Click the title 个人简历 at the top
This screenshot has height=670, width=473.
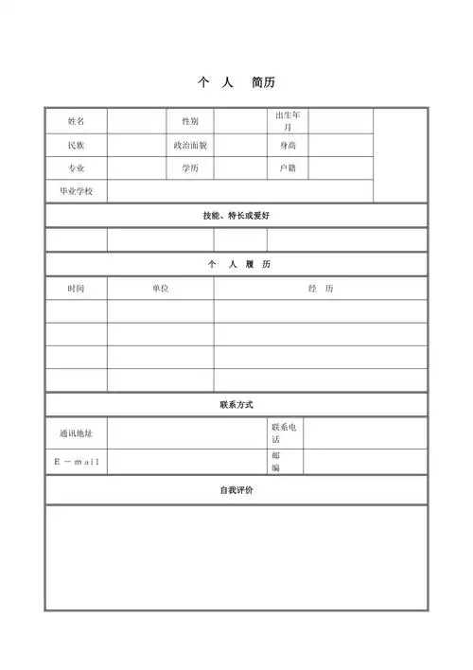coord(236,82)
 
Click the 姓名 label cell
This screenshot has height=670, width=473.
coord(76,121)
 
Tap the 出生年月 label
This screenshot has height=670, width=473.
coord(289,120)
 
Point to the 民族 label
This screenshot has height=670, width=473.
coord(76,145)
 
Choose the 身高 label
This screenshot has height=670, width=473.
coord(289,145)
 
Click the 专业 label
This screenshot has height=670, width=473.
coord(76,167)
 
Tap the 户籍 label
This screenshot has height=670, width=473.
coord(289,167)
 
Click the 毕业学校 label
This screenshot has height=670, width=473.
coord(76,191)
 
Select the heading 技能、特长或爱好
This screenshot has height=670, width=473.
coord(236,216)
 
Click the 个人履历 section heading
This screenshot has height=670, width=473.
coord(236,264)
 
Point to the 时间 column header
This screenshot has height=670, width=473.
coord(76,288)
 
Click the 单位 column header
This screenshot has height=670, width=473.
coord(160,288)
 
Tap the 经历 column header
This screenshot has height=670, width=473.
coord(320,288)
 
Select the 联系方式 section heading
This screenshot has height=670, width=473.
coord(236,405)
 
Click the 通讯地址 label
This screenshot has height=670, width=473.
coord(76,433)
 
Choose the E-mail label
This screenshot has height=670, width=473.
coord(76,462)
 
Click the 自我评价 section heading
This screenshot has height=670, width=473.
coord(236,490)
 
